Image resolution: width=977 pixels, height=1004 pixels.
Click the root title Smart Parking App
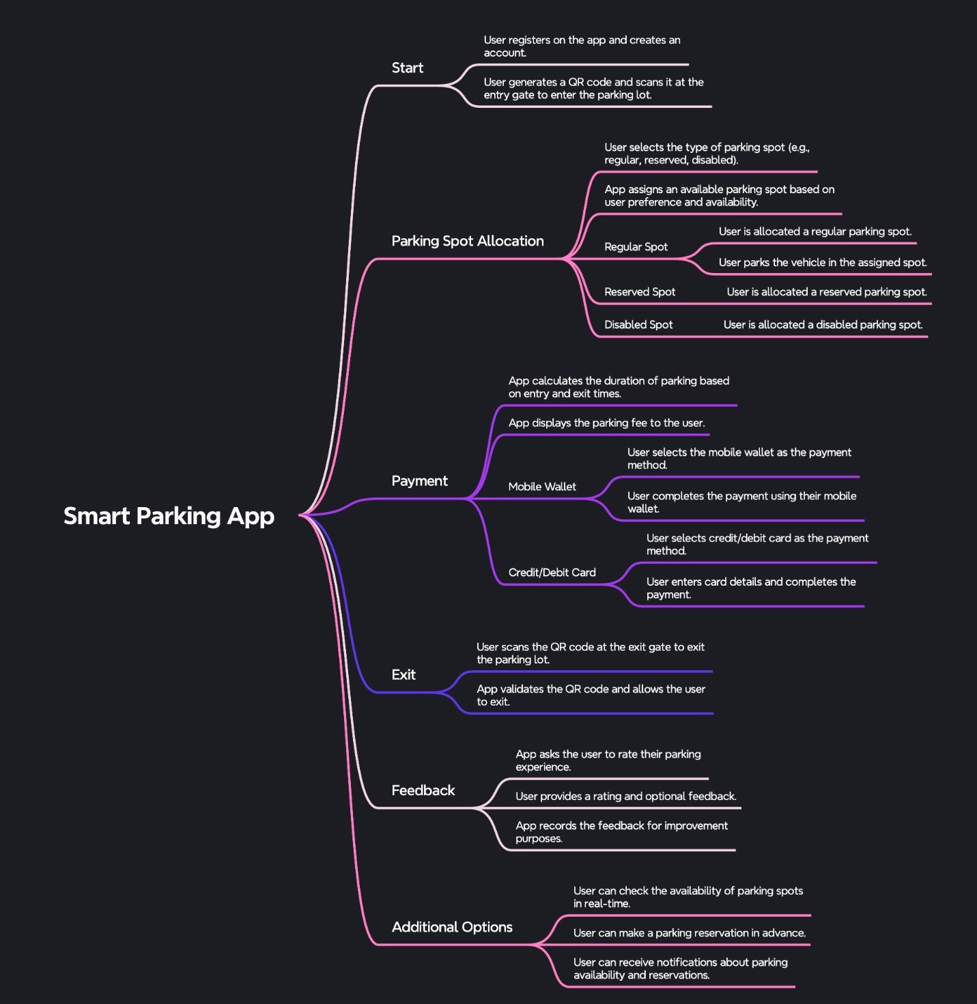click(x=169, y=516)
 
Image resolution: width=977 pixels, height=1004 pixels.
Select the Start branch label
click(x=407, y=68)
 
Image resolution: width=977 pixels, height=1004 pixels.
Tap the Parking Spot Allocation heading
click(x=467, y=241)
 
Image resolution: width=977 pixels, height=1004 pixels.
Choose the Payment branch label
click(x=419, y=481)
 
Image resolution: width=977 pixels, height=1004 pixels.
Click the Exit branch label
click(x=403, y=675)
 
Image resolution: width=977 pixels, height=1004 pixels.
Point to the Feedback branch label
click(x=423, y=790)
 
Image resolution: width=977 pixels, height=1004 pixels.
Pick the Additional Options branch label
click(x=452, y=927)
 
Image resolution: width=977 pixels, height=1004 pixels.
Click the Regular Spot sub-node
click(x=636, y=247)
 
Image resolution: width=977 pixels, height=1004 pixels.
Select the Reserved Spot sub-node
click(x=639, y=292)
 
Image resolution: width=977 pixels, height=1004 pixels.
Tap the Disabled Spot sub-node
click(x=638, y=325)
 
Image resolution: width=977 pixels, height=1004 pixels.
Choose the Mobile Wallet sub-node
click(x=542, y=487)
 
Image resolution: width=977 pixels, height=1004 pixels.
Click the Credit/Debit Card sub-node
click(x=552, y=573)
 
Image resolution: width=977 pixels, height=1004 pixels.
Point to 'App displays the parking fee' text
click(x=606, y=423)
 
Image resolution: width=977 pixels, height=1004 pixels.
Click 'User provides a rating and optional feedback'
click(x=625, y=797)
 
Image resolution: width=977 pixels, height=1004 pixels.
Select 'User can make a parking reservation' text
click(x=689, y=933)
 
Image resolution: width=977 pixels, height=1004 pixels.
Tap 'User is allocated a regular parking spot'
click(x=815, y=232)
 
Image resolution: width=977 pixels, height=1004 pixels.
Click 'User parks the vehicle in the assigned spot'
click(x=822, y=263)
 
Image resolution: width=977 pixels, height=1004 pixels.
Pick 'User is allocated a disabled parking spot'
click(x=823, y=325)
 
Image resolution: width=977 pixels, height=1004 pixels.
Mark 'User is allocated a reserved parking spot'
click(x=826, y=292)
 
